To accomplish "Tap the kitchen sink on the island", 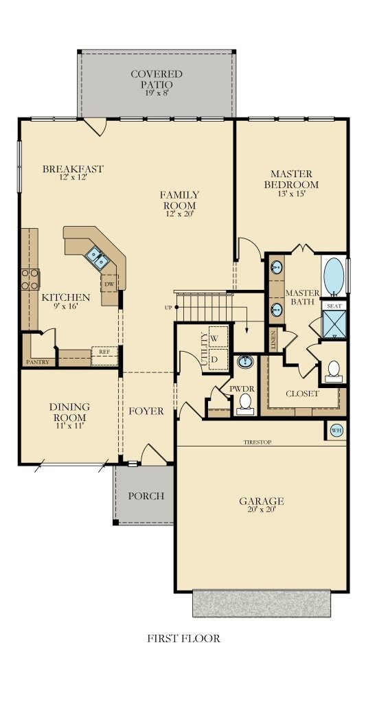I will click(97, 258).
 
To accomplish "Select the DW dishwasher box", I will click(108, 283).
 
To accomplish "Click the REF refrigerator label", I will click(104, 351).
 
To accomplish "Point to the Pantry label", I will click(36, 361).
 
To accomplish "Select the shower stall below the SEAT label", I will click(334, 324).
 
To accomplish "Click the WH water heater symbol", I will click(336, 431).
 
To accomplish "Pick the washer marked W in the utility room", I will click(215, 338).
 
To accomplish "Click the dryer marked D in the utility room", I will click(215, 359).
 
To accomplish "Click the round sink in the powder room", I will click(245, 362).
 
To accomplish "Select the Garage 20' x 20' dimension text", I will click(262, 510).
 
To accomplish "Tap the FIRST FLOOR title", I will click(183, 638).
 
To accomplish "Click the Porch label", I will click(146, 495).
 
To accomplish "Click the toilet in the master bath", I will click(334, 370).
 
